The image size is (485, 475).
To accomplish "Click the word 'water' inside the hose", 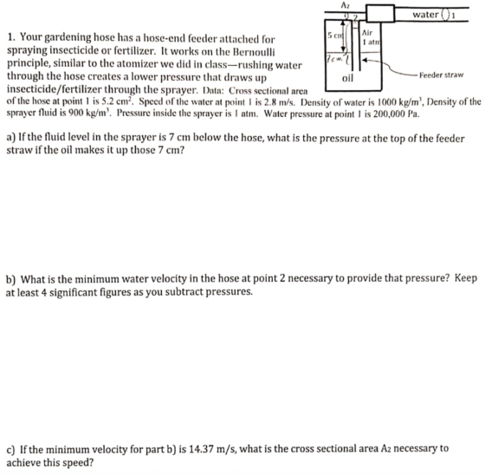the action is (x=425, y=15).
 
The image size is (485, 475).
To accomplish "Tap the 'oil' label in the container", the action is (x=347, y=78).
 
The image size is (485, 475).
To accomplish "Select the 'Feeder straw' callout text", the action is (x=442, y=75).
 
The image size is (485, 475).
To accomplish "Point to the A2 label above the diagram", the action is (x=344, y=5).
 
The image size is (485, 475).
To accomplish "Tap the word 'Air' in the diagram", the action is (x=367, y=33).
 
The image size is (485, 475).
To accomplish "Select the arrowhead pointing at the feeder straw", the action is (x=365, y=60).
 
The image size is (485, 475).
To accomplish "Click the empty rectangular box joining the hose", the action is (x=380, y=14).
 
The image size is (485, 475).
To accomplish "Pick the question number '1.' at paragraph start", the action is (x=11, y=38).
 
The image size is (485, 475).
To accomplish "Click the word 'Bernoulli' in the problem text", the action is (x=253, y=51).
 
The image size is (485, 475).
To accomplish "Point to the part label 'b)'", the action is (x=11, y=280).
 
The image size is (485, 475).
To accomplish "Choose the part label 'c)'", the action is (x=10, y=449).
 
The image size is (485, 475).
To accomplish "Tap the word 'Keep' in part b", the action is (x=466, y=278).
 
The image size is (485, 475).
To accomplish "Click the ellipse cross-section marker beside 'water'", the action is (x=445, y=15).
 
